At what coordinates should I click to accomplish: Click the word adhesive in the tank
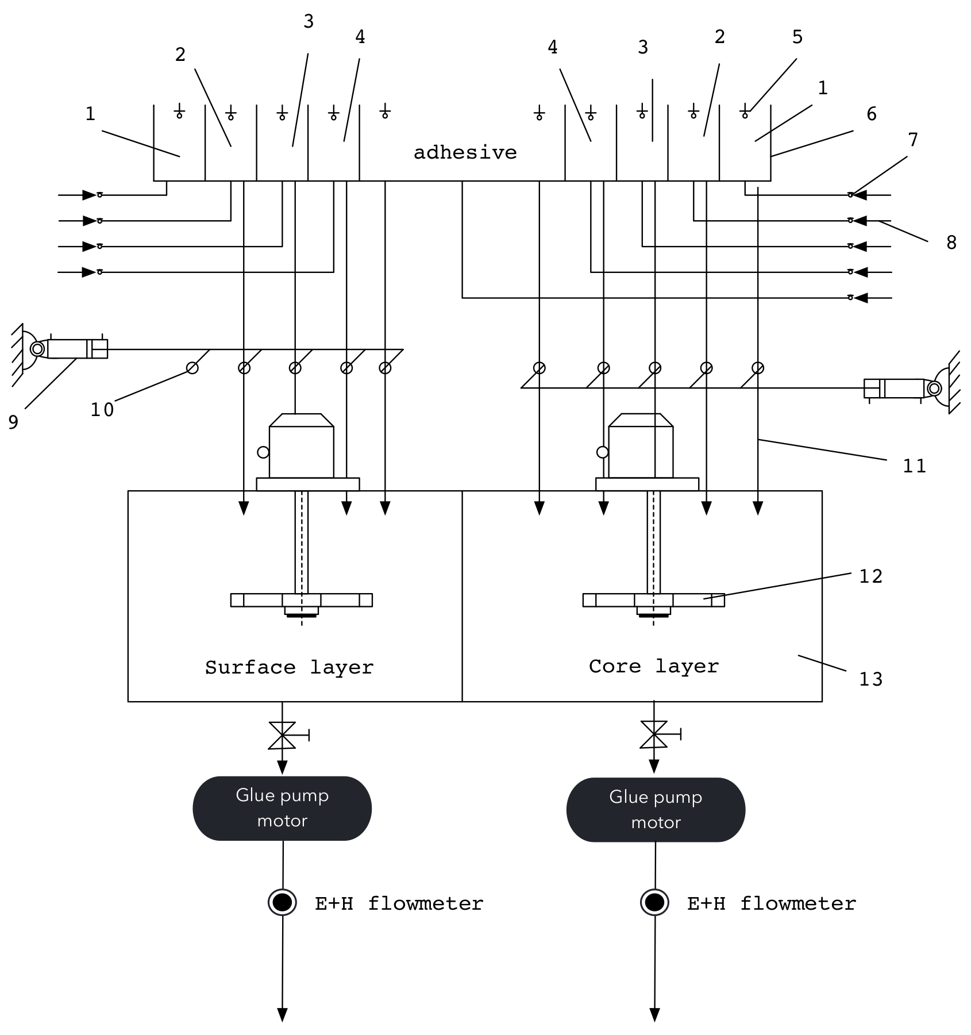pyautogui.click(x=465, y=152)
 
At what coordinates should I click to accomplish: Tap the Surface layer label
pyautogui.click(x=289, y=667)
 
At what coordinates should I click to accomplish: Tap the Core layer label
pyautogui.click(x=653, y=666)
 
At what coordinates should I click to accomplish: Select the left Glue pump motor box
pyautogui.click(x=282, y=808)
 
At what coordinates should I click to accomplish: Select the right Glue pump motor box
pyautogui.click(x=655, y=809)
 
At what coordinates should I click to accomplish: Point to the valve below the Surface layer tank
pyautogui.click(x=282, y=736)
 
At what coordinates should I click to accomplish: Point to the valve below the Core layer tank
pyautogui.click(x=654, y=734)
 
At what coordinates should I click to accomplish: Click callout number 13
pyautogui.click(x=870, y=679)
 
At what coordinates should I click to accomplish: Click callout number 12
pyautogui.click(x=870, y=576)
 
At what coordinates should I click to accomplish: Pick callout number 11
pyautogui.click(x=914, y=465)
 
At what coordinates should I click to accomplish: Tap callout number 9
pyautogui.click(x=13, y=422)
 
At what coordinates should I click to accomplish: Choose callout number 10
pyautogui.click(x=102, y=410)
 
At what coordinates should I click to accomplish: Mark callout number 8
pyautogui.click(x=951, y=243)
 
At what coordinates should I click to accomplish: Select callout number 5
pyautogui.click(x=797, y=37)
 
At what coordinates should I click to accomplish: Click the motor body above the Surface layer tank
pyautogui.click(x=301, y=451)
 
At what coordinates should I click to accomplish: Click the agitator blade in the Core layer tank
pyautogui.click(x=653, y=600)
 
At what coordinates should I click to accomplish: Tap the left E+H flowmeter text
pyautogui.click(x=399, y=903)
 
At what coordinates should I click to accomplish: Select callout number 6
pyautogui.click(x=871, y=114)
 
